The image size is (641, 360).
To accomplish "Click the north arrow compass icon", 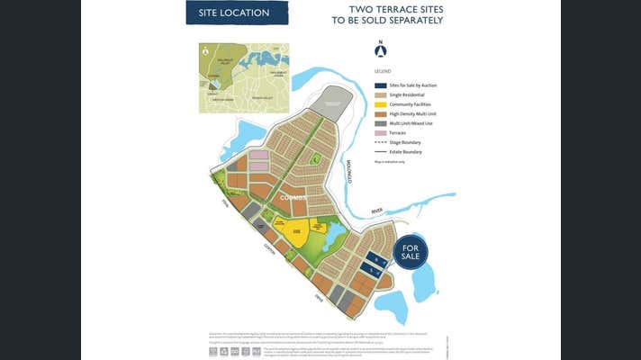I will coord(381,50).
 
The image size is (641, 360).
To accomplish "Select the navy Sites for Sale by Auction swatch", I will coord(381,85).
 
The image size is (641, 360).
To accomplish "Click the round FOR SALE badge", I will coord(411,251).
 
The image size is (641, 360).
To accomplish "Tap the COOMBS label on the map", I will coord(293,195).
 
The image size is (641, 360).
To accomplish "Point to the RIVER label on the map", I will coord(375,211).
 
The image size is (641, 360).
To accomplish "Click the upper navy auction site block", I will coord(379,259).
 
